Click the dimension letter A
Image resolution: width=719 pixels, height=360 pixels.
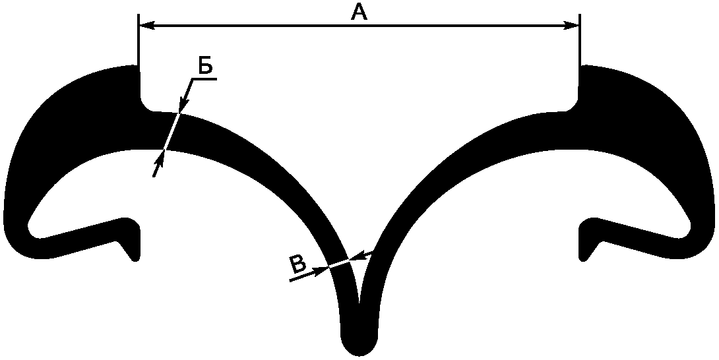tap(359, 11)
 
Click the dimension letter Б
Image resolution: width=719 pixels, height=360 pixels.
tap(205, 65)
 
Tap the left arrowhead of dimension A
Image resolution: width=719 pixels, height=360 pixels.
tap(146, 26)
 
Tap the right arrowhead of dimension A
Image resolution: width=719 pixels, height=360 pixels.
tap(571, 26)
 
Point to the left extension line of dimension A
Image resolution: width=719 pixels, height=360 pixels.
tap(139, 55)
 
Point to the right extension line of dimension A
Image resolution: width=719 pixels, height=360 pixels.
tap(580, 55)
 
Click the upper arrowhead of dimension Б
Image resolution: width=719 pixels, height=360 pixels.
tap(183, 105)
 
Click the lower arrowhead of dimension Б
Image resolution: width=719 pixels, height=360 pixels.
tap(160, 158)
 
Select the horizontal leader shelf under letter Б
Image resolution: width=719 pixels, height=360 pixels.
tap(205, 79)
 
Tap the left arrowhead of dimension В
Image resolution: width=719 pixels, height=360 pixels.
tap(321, 270)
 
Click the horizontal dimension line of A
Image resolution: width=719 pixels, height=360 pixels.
tap(359, 26)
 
